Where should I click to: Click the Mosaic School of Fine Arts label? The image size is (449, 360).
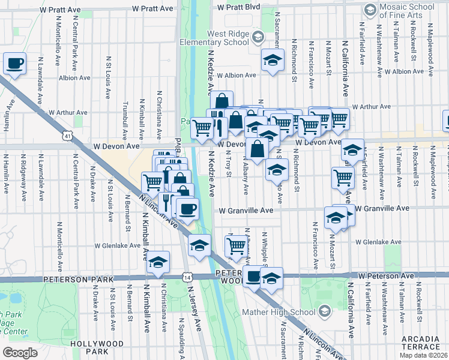click(411, 11)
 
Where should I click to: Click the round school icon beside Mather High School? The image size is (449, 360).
click(325, 311)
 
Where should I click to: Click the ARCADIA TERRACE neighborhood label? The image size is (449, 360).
click(420, 343)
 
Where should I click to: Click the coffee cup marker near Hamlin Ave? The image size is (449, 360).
click(15, 63)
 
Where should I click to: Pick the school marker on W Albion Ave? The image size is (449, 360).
click(273, 61)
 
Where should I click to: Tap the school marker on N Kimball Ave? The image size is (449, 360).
click(158, 262)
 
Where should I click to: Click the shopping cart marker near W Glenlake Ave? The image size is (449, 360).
click(235, 245)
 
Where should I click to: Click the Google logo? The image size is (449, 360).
click(20, 352)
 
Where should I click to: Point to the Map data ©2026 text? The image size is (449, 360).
click(424, 355)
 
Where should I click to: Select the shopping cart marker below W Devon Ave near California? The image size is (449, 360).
click(343, 177)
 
